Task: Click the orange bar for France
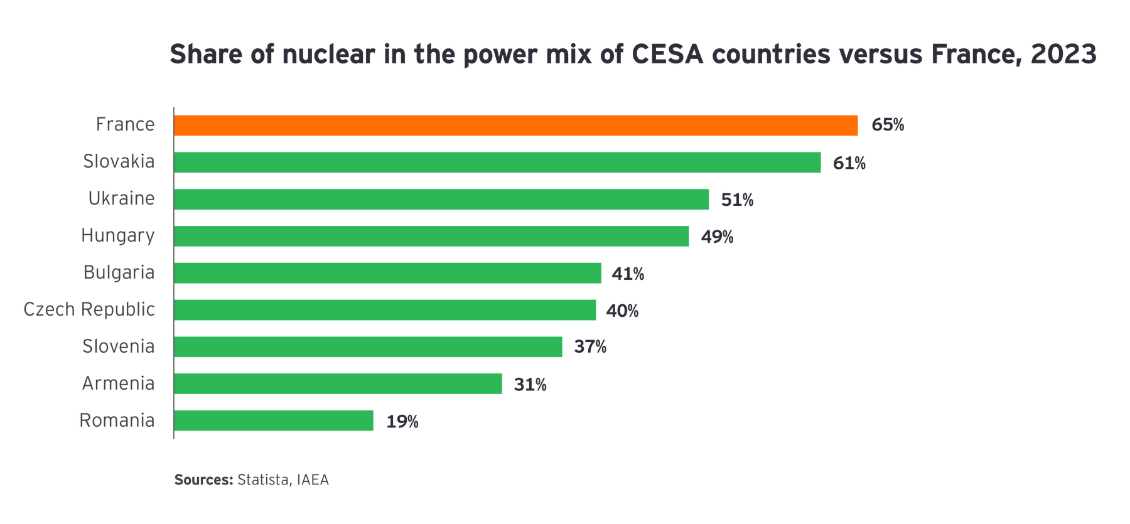(516, 126)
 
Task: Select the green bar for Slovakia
(497, 163)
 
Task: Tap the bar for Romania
(274, 420)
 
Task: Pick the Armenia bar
(338, 383)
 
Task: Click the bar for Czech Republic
(385, 310)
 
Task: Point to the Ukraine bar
(441, 200)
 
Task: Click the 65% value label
(887, 126)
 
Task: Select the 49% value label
(717, 237)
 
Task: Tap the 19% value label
(402, 421)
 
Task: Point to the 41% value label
(628, 274)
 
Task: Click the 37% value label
(590, 346)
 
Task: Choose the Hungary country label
(117, 236)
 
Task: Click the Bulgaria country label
(119, 273)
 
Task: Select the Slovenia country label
(118, 346)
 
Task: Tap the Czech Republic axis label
(89, 309)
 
